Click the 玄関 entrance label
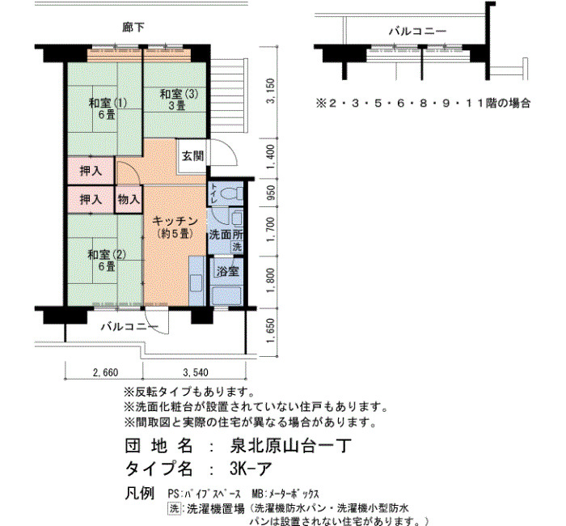point(192,156)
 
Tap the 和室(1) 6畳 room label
point(108,108)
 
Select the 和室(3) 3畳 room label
point(179,100)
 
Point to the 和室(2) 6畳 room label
point(107,260)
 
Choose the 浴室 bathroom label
point(227,271)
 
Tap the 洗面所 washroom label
point(226,235)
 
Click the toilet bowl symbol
point(232,193)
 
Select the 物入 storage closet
point(129,199)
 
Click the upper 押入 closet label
point(91,171)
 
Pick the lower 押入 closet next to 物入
point(91,199)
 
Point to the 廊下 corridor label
point(133,28)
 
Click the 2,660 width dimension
point(105,372)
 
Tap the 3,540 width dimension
point(196,372)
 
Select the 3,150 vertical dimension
point(271,91)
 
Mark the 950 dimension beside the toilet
point(271,193)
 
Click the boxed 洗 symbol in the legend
point(174,509)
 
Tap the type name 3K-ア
point(251,469)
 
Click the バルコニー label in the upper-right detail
point(417,32)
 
